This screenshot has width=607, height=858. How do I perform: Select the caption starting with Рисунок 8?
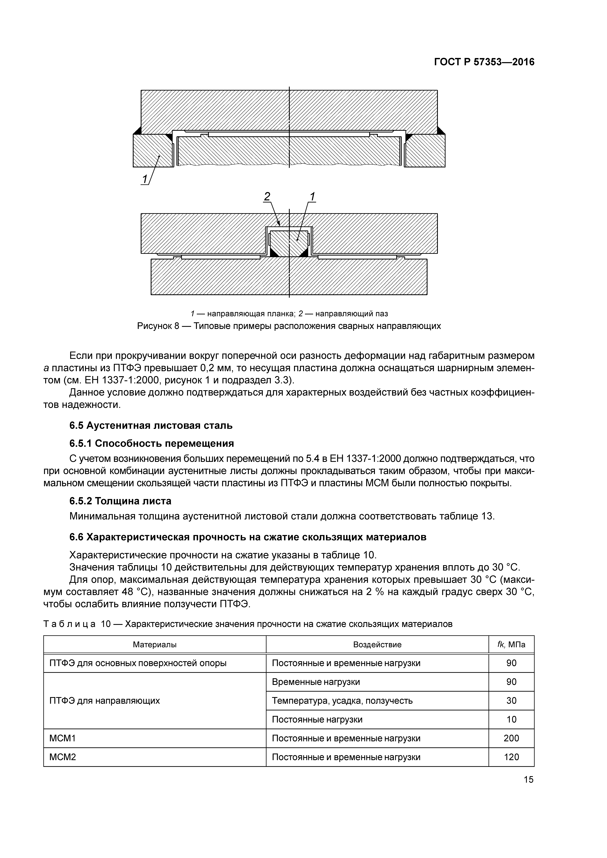289,326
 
